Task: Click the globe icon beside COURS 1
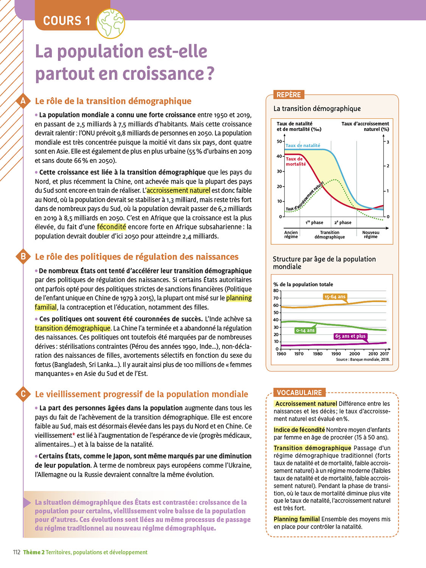pyautogui.click(x=111, y=23)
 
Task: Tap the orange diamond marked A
pyautogui.click(x=23, y=101)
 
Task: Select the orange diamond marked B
pyautogui.click(x=23, y=257)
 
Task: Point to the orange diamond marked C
pyautogui.click(x=23, y=394)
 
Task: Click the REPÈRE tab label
pyautogui.click(x=289, y=95)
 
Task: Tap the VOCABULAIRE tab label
pyautogui.click(x=299, y=393)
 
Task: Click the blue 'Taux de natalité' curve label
pyautogui.click(x=303, y=145)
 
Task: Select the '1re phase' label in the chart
pyautogui.click(x=314, y=223)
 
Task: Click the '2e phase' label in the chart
pyautogui.click(x=343, y=223)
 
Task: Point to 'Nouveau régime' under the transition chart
pyautogui.click(x=370, y=234)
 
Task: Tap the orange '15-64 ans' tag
pyautogui.click(x=335, y=297)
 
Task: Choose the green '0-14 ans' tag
pyautogui.click(x=305, y=330)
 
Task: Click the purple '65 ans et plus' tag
pyautogui.click(x=350, y=336)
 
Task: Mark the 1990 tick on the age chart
pyautogui.click(x=336, y=354)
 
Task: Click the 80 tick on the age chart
pyautogui.click(x=276, y=291)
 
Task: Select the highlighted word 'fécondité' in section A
pyautogui.click(x=111, y=227)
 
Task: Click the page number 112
pyautogui.click(x=17, y=552)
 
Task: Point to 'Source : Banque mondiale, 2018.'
pyautogui.click(x=362, y=360)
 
